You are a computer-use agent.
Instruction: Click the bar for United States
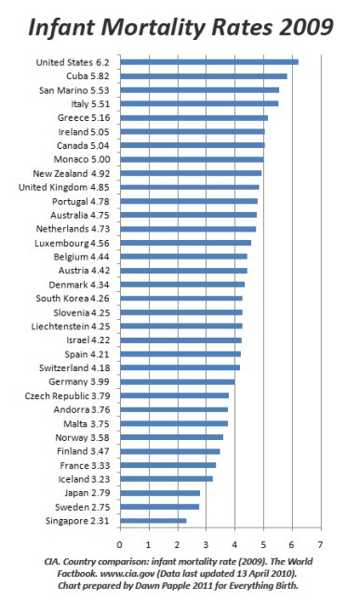pos(209,61)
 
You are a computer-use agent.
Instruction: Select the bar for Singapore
pos(153,520)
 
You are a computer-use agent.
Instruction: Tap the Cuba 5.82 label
pos(89,75)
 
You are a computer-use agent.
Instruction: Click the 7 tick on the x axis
pos(321,543)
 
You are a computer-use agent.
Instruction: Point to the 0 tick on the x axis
pos(119,543)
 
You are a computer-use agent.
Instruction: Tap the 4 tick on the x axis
pos(234,543)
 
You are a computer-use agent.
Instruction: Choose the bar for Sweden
pos(159,506)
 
